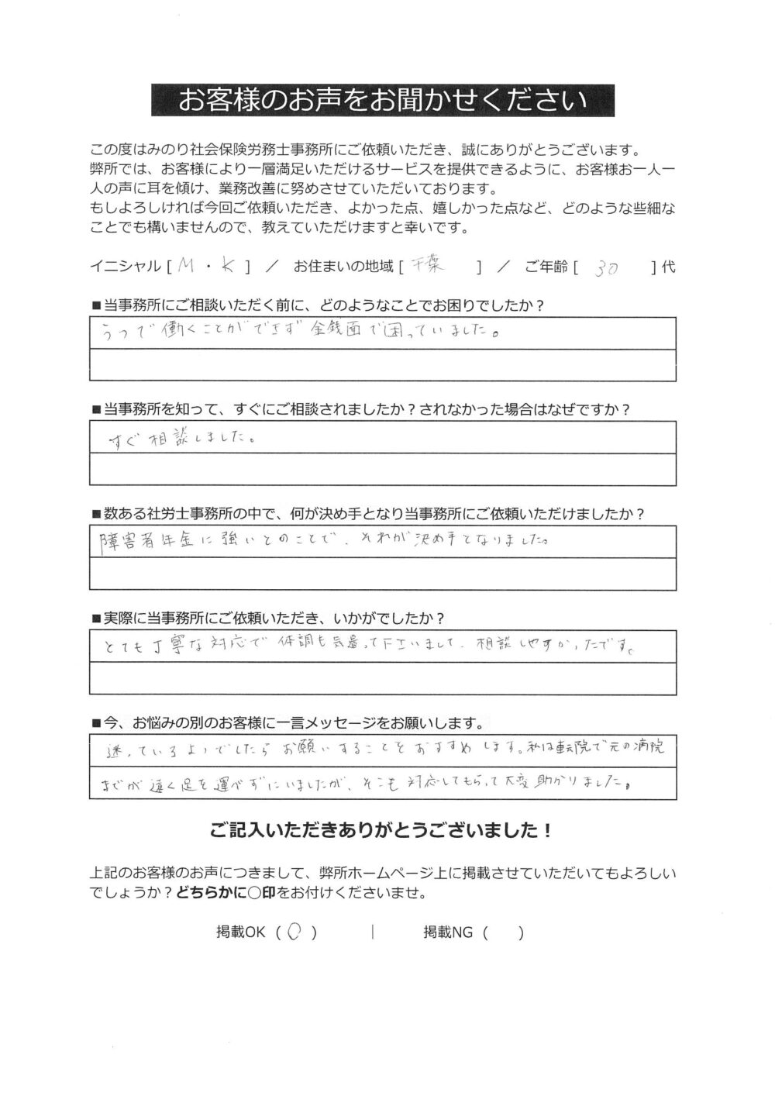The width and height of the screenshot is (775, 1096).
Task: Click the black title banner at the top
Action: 383,100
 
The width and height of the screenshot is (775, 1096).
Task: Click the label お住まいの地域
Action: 343,267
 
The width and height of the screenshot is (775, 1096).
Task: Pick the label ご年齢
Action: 546,267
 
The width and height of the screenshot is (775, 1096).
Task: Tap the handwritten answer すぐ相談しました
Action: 184,439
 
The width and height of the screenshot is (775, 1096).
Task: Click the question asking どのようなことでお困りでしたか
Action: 318,304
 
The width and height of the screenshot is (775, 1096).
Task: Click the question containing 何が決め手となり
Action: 368,514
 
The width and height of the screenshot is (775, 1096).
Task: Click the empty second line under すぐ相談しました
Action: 383,470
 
